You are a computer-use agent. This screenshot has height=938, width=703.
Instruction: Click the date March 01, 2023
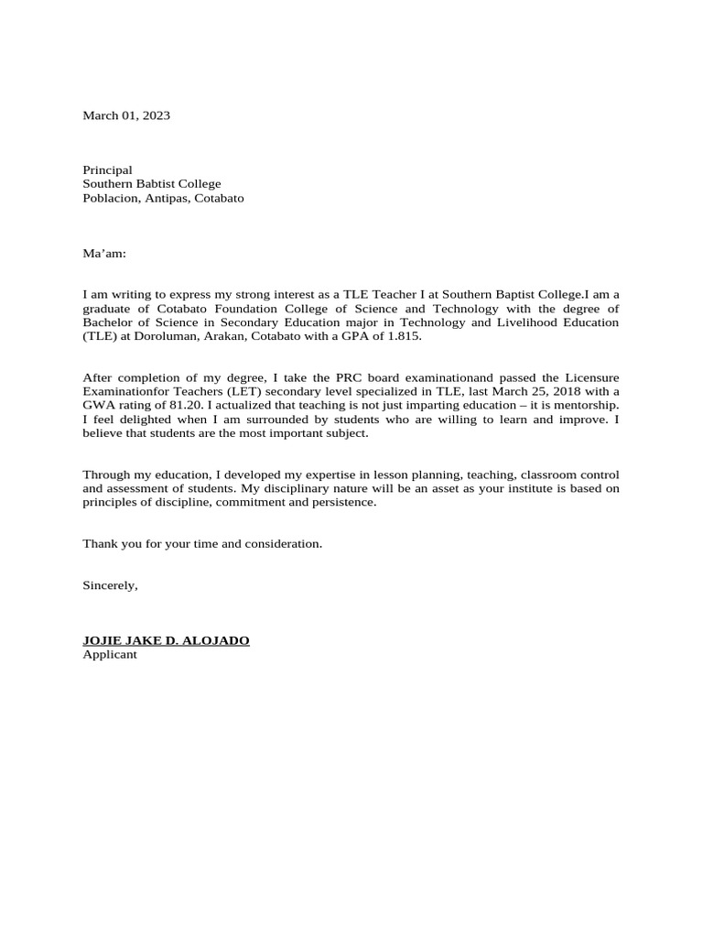click(126, 115)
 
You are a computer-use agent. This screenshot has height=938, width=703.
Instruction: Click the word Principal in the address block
click(107, 170)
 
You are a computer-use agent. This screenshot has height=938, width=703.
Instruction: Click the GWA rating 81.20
click(173, 406)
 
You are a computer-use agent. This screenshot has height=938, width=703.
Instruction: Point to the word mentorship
click(587, 406)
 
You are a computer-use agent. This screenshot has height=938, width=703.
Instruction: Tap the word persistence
click(343, 503)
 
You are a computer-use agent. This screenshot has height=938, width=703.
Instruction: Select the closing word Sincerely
click(109, 585)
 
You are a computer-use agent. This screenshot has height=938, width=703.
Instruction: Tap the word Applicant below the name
click(110, 655)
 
